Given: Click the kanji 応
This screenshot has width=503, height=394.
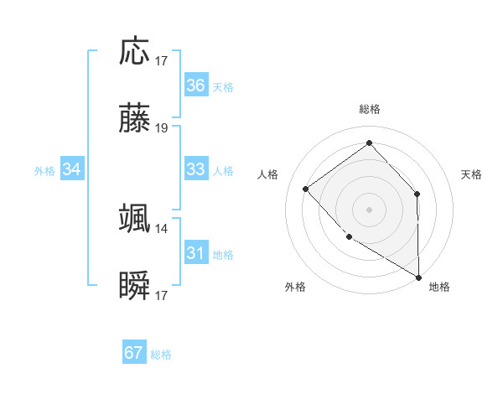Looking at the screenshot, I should coord(134,51).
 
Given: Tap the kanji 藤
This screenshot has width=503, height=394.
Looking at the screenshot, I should coord(134,119).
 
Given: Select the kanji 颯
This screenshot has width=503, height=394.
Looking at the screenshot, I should coord(134,219).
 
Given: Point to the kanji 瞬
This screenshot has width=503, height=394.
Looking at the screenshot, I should coord(134,287).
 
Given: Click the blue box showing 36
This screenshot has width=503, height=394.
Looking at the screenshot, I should coord(195,86).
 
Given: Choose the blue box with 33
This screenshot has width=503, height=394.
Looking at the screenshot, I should coord(195,169).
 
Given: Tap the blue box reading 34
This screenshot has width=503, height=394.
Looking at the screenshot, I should coord(72,169).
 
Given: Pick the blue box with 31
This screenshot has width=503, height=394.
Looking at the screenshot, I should coord(195,253).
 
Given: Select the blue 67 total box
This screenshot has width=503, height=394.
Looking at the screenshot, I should coord(134,353).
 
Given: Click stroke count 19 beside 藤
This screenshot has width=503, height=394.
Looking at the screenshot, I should coord(162,128).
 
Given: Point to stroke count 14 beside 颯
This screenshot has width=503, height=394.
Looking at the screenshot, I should coord(162,228).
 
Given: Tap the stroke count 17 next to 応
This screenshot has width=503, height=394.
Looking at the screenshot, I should coord(162,60).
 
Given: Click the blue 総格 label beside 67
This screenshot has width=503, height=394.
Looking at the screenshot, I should coord(161,355).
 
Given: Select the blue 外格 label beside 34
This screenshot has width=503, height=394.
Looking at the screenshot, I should coord(44,171).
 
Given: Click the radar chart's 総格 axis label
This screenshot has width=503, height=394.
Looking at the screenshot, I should coord(370,109).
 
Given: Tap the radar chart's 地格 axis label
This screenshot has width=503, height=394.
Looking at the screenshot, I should coord(439,287).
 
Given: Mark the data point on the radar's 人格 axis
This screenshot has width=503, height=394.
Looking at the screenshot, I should coord(306,189).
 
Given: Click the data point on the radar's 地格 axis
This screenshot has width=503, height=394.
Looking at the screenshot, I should coord(418,277).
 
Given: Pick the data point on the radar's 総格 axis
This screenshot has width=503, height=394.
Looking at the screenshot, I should coord(369,143).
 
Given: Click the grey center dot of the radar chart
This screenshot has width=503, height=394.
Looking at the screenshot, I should coord(369,209).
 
